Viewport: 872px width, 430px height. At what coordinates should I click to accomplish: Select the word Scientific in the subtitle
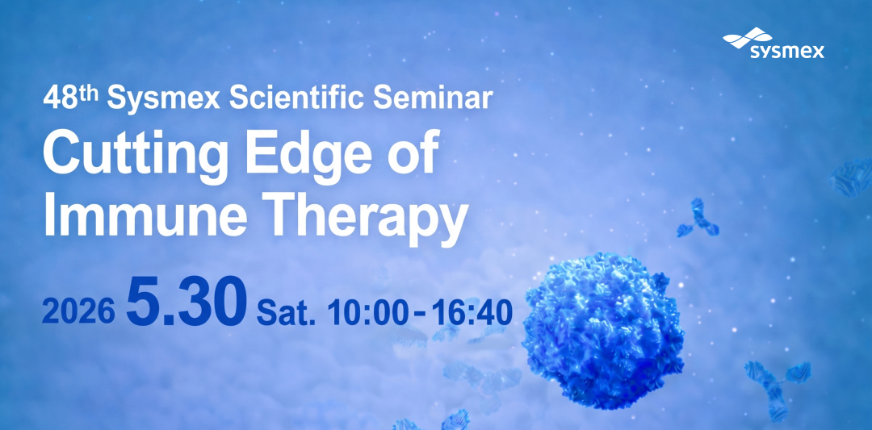pyautogui.click(x=297, y=98)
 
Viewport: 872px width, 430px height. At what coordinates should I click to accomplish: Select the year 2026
pyautogui.click(x=78, y=313)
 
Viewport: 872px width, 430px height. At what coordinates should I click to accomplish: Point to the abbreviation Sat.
pyautogui.click(x=287, y=313)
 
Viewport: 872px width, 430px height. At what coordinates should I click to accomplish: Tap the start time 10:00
pyautogui.click(x=367, y=313)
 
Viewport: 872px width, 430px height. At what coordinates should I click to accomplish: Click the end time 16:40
pyautogui.click(x=472, y=313)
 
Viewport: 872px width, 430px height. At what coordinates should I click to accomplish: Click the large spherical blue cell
pyautogui.click(x=603, y=329)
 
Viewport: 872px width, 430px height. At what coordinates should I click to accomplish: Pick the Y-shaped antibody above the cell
pyautogui.click(x=698, y=218)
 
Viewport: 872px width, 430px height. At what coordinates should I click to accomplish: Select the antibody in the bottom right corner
pyautogui.click(x=778, y=389)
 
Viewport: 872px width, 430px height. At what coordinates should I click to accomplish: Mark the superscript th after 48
pyautogui.click(x=88, y=94)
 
